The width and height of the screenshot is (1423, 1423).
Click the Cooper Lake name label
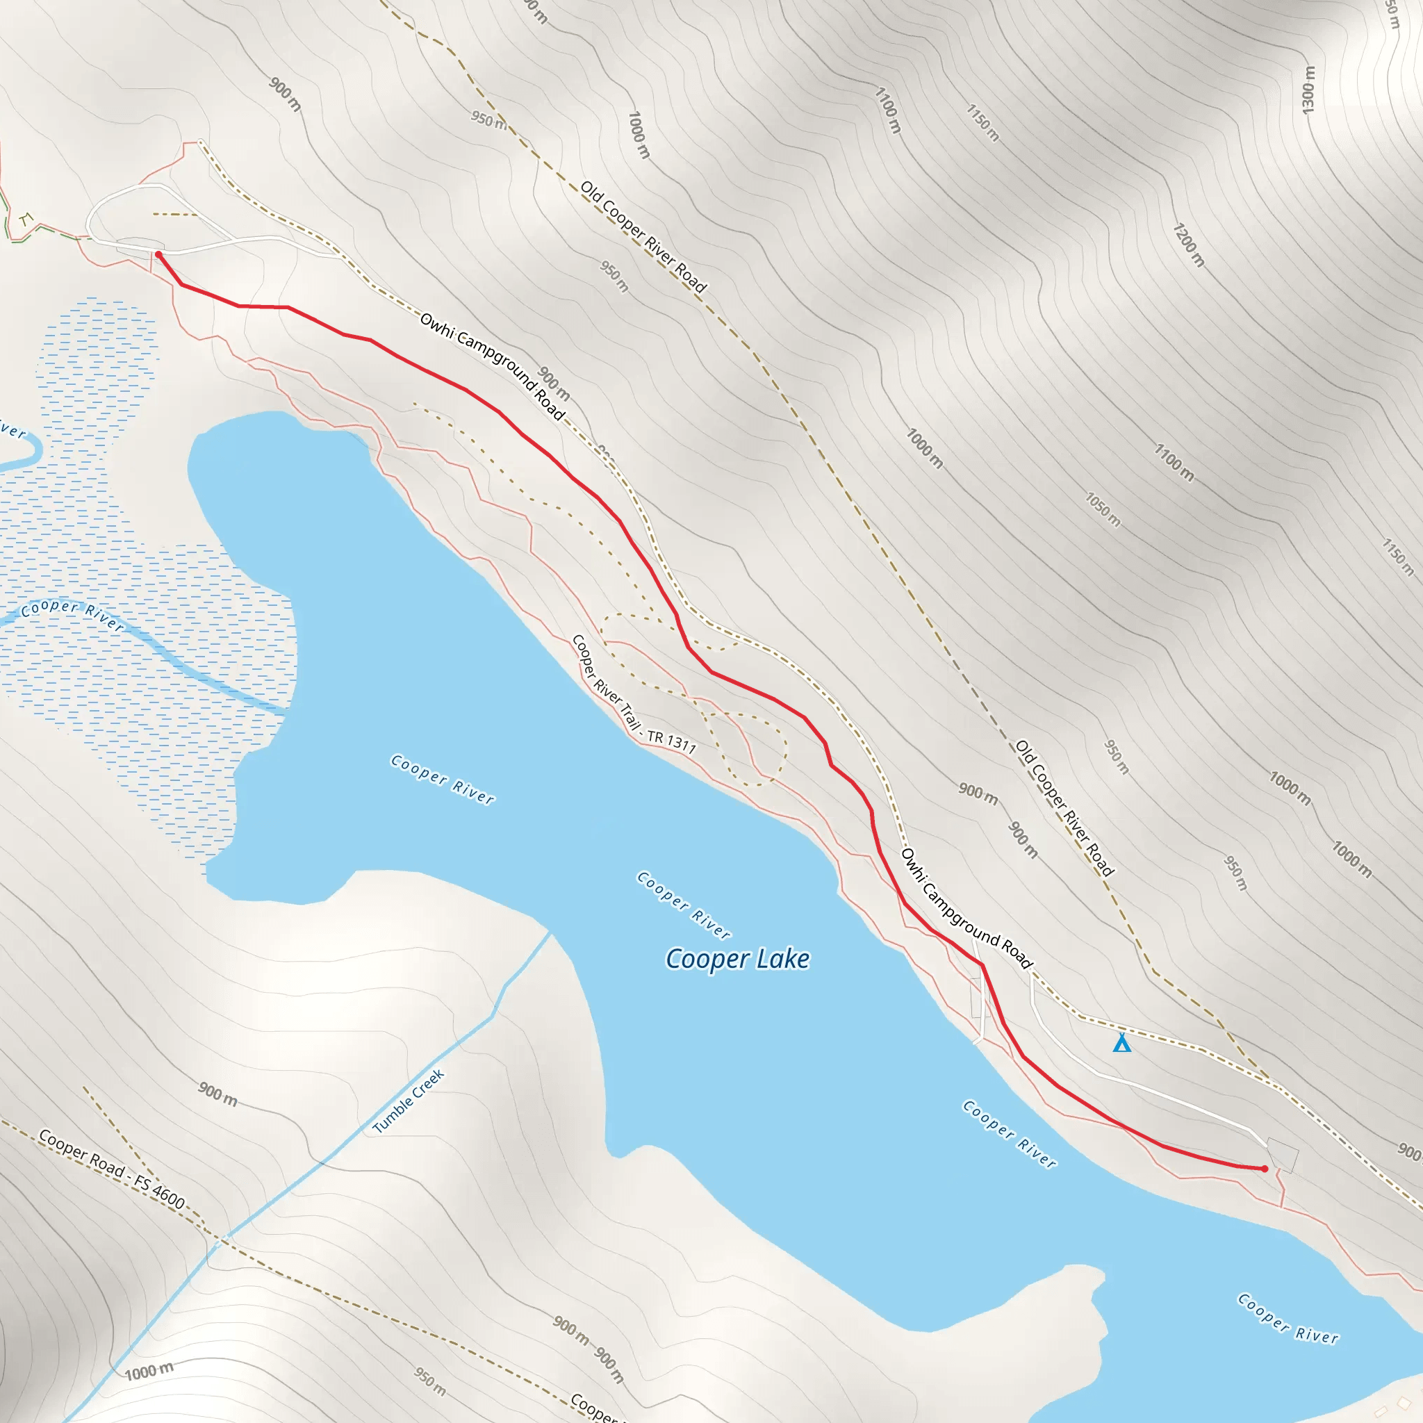coord(737,960)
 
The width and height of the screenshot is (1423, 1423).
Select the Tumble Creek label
coord(408,1101)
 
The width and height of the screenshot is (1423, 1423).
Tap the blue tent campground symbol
coord(1121,1043)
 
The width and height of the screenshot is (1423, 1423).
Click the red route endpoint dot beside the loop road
coord(158,255)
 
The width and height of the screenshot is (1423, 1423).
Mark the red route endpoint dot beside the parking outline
coord(1265,1169)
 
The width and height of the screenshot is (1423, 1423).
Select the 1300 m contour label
coord(1308,90)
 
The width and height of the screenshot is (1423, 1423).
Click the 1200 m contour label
coord(1188,245)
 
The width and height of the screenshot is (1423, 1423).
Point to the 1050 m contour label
coord(1103,510)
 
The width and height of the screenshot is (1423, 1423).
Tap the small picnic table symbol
coord(26,219)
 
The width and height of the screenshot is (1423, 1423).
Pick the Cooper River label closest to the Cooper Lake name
coord(684,905)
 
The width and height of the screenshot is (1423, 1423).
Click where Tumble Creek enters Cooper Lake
coord(550,933)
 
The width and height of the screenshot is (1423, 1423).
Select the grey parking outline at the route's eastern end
coord(1283,1154)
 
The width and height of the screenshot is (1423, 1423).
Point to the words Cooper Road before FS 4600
coord(81,1153)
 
